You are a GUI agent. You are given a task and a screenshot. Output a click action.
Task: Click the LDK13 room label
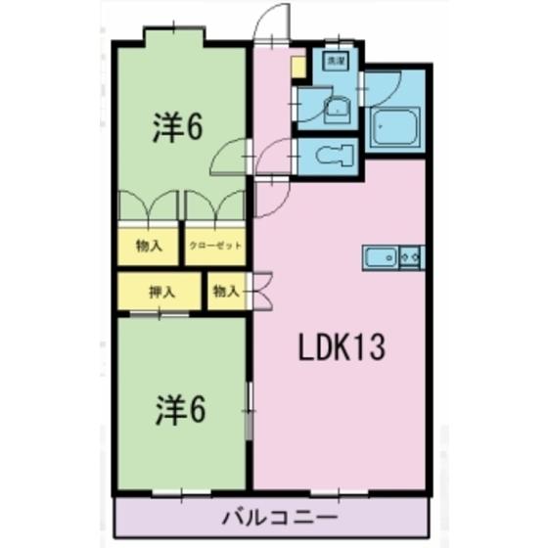click(342, 346)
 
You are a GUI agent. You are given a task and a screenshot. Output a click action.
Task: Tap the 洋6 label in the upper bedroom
click(178, 128)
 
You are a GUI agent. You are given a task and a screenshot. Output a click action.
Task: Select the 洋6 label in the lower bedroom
click(178, 412)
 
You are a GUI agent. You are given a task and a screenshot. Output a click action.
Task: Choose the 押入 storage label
click(160, 291)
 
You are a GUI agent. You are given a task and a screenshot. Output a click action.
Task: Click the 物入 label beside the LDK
click(225, 290)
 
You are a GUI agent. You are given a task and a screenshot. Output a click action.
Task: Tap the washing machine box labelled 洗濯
click(336, 62)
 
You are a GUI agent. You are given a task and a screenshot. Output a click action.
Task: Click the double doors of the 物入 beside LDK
click(259, 290)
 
